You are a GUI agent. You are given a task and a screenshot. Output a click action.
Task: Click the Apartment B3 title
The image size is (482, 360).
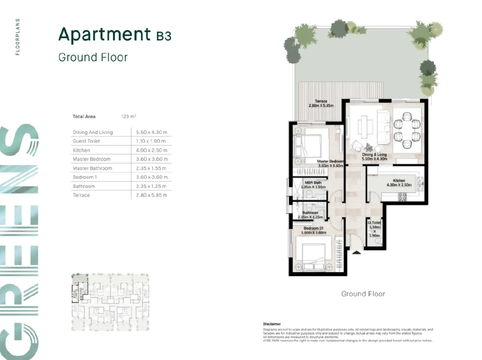(x=115, y=35)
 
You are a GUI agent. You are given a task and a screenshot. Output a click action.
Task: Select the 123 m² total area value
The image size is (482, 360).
(x=128, y=117)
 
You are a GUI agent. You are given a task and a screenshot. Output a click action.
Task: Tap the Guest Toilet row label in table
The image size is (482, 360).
(x=86, y=141)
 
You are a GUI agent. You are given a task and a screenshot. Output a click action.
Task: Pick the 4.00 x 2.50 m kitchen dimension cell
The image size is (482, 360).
(x=152, y=150)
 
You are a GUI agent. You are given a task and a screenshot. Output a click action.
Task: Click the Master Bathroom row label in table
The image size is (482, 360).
(x=92, y=168)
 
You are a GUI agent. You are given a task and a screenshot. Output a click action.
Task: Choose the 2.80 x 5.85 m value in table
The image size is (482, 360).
(x=152, y=195)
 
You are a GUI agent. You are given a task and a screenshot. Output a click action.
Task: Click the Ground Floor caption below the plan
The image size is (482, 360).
(x=363, y=294)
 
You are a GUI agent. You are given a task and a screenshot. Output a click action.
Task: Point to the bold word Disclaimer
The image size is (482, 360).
(x=272, y=324)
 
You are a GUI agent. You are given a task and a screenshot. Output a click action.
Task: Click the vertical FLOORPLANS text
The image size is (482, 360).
(x=17, y=37)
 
